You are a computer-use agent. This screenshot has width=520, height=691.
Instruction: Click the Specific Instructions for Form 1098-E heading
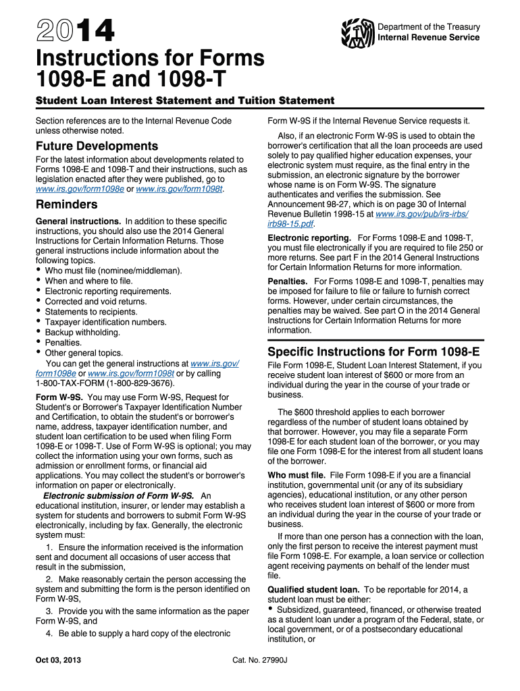tap(374, 352)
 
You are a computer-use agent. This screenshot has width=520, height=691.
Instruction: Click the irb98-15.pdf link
tap(289, 224)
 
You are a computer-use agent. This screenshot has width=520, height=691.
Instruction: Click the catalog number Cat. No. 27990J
tap(259, 659)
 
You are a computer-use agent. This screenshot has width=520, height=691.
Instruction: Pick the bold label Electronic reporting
tap(309, 238)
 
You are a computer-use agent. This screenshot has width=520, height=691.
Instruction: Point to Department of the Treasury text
tap(429, 27)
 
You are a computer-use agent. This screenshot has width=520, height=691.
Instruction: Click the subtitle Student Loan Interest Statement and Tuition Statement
tap(184, 101)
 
